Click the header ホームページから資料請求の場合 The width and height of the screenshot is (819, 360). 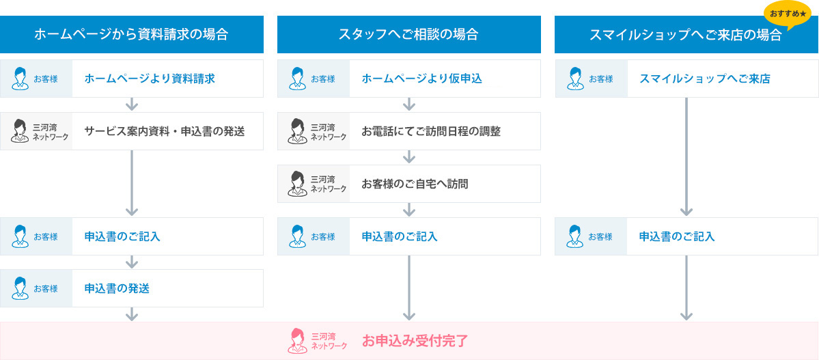tap(131, 34)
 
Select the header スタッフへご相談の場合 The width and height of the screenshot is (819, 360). tap(409, 34)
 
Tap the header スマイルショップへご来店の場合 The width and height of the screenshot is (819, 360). tap(685, 34)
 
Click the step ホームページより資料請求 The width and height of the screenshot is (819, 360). tap(150, 79)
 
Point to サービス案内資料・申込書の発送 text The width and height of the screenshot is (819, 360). tap(165, 131)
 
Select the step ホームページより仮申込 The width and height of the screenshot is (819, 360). tap(422, 79)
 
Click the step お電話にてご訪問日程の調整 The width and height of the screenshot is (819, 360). tap(432, 131)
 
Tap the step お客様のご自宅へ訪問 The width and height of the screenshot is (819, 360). tap(415, 183)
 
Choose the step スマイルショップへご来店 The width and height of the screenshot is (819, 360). tap(705, 79)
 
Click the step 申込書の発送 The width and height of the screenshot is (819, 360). tap(117, 288)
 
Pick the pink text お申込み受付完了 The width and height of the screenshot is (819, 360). tap(415, 341)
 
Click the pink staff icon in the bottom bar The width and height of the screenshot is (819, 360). tap(297, 341)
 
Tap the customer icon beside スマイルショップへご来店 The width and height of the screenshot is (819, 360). tap(574, 79)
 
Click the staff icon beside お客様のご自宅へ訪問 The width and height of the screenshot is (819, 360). tap(297, 183)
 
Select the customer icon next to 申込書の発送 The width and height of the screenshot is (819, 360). tap(20, 288)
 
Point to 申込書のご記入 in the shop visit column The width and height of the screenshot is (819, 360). tap(677, 236)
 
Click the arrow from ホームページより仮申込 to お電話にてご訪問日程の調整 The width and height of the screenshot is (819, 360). tap(410, 105)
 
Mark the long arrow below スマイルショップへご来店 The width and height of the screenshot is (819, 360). tap(686, 156)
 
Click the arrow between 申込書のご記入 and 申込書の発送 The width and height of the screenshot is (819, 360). tap(132, 262)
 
